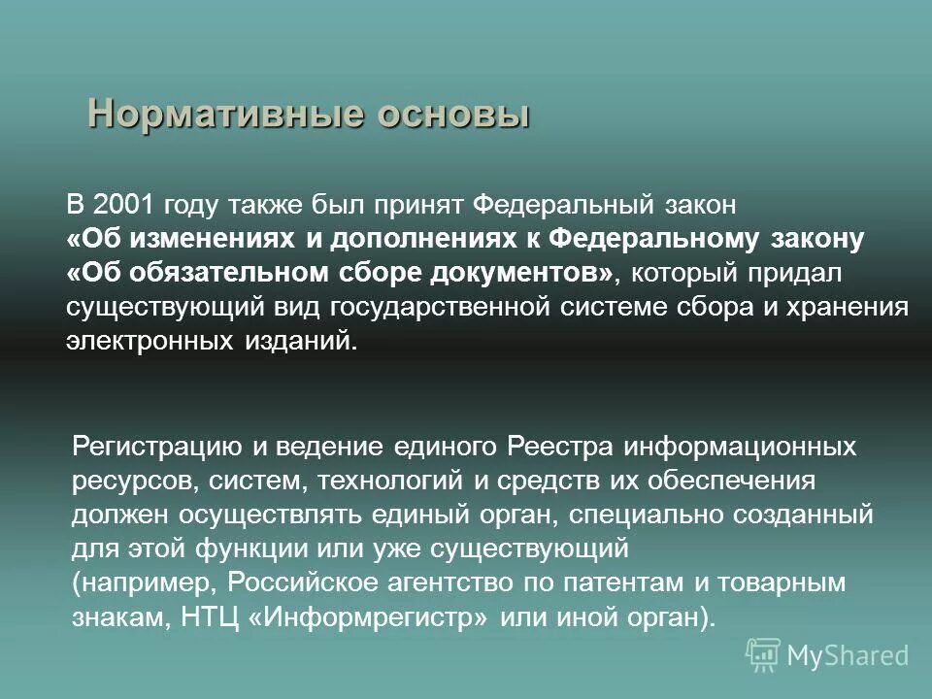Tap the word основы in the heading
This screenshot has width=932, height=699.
pos(453,114)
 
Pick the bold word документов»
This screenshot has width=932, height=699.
pos(542,273)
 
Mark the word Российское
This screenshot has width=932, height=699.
pos(309,582)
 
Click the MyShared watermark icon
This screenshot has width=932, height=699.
pos(764,654)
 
